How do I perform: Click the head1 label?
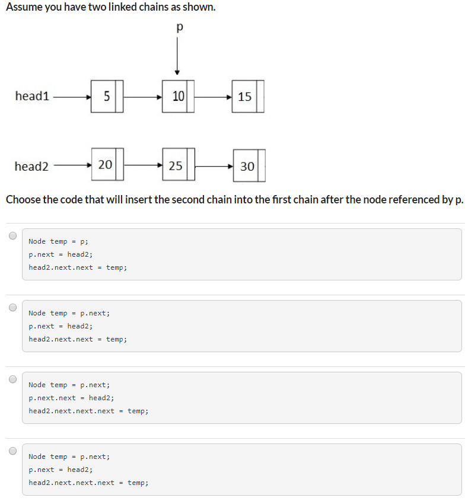point(32,96)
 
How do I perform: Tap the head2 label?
point(31,166)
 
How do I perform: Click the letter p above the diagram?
point(179,27)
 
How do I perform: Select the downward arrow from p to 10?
point(177,56)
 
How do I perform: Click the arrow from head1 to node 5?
point(71,96)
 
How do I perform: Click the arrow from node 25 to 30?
point(214,167)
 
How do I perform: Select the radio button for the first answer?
point(12,235)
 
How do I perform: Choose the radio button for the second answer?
point(12,307)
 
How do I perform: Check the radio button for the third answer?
point(12,379)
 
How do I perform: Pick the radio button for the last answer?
point(12,451)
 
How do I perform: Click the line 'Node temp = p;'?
point(58,241)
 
